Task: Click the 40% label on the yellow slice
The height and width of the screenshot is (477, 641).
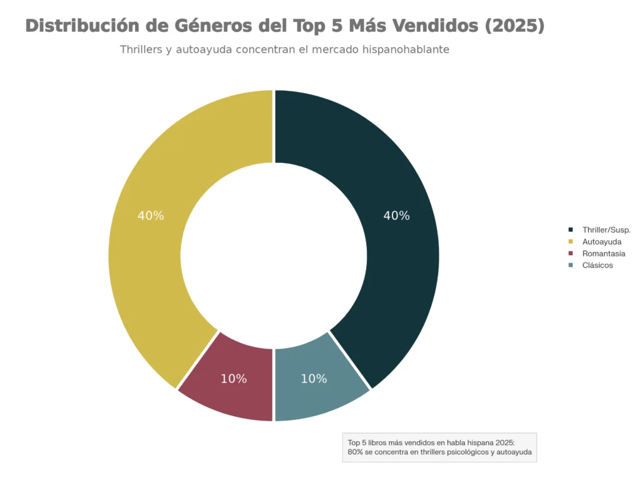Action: pyautogui.click(x=151, y=216)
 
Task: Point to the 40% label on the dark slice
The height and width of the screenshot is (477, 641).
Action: pyautogui.click(x=396, y=216)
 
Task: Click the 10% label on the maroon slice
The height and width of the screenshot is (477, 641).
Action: pyautogui.click(x=233, y=379)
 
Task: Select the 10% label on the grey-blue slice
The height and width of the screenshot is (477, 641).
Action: pyautogui.click(x=314, y=379)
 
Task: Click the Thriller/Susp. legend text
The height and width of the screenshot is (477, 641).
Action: pyautogui.click(x=606, y=230)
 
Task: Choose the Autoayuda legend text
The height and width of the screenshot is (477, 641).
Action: pyautogui.click(x=602, y=242)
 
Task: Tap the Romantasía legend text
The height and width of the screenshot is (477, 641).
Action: pyautogui.click(x=603, y=254)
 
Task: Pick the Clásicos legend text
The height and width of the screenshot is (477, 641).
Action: pyautogui.click(x=597, y=266)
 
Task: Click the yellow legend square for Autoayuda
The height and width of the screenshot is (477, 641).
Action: pyautogui.click(x=570, y=242)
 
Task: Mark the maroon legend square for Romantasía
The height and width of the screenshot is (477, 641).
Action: pyautogui.click(x=570, y=254)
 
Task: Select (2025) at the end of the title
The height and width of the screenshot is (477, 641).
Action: pyautogui.click(x=514, y=26)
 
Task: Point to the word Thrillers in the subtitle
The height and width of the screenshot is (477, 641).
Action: pyautogui.click(x=143, y=50)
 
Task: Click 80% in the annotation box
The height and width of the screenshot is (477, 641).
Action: pyautogui.click(x=355, y=452)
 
